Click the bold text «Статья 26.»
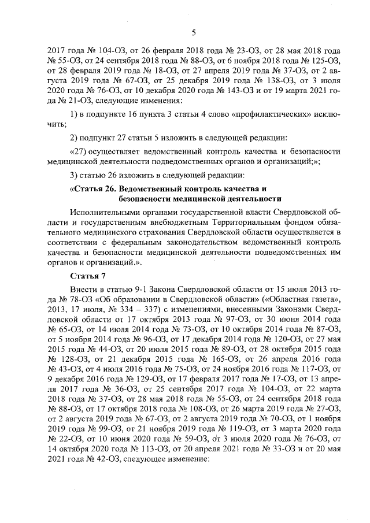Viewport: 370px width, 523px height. click(94, 189)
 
